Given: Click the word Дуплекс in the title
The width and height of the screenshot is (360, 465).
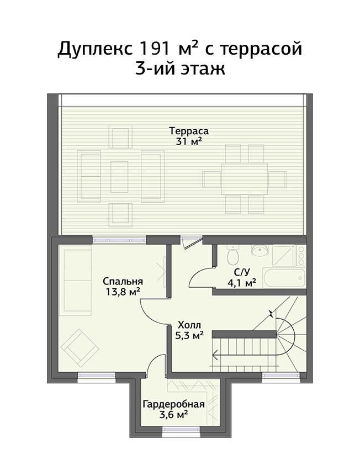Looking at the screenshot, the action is coord(95,49).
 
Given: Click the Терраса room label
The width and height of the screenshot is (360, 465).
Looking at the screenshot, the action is coord(189,131).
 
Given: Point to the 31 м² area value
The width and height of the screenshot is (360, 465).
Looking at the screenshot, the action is coord(189,141).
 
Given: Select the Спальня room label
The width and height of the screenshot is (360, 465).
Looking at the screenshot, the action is coord(123,281).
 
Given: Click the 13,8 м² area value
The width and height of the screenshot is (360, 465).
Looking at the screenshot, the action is coord(123,292).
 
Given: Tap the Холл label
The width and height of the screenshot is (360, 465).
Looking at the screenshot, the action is coord(189,324).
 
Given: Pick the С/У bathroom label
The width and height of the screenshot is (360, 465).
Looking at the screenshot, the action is coord(242,272).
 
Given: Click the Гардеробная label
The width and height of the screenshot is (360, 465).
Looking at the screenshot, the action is coord(174,404).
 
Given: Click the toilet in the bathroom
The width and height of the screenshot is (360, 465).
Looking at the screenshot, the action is coord(232,255).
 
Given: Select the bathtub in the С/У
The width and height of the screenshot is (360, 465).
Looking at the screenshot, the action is coord(284,278).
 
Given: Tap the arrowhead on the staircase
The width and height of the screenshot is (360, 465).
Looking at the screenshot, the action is coord(215,355).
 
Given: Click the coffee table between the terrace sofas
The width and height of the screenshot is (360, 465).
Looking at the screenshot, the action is coord(119,177).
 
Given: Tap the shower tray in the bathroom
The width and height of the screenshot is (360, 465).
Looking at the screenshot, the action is coord(284,255).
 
